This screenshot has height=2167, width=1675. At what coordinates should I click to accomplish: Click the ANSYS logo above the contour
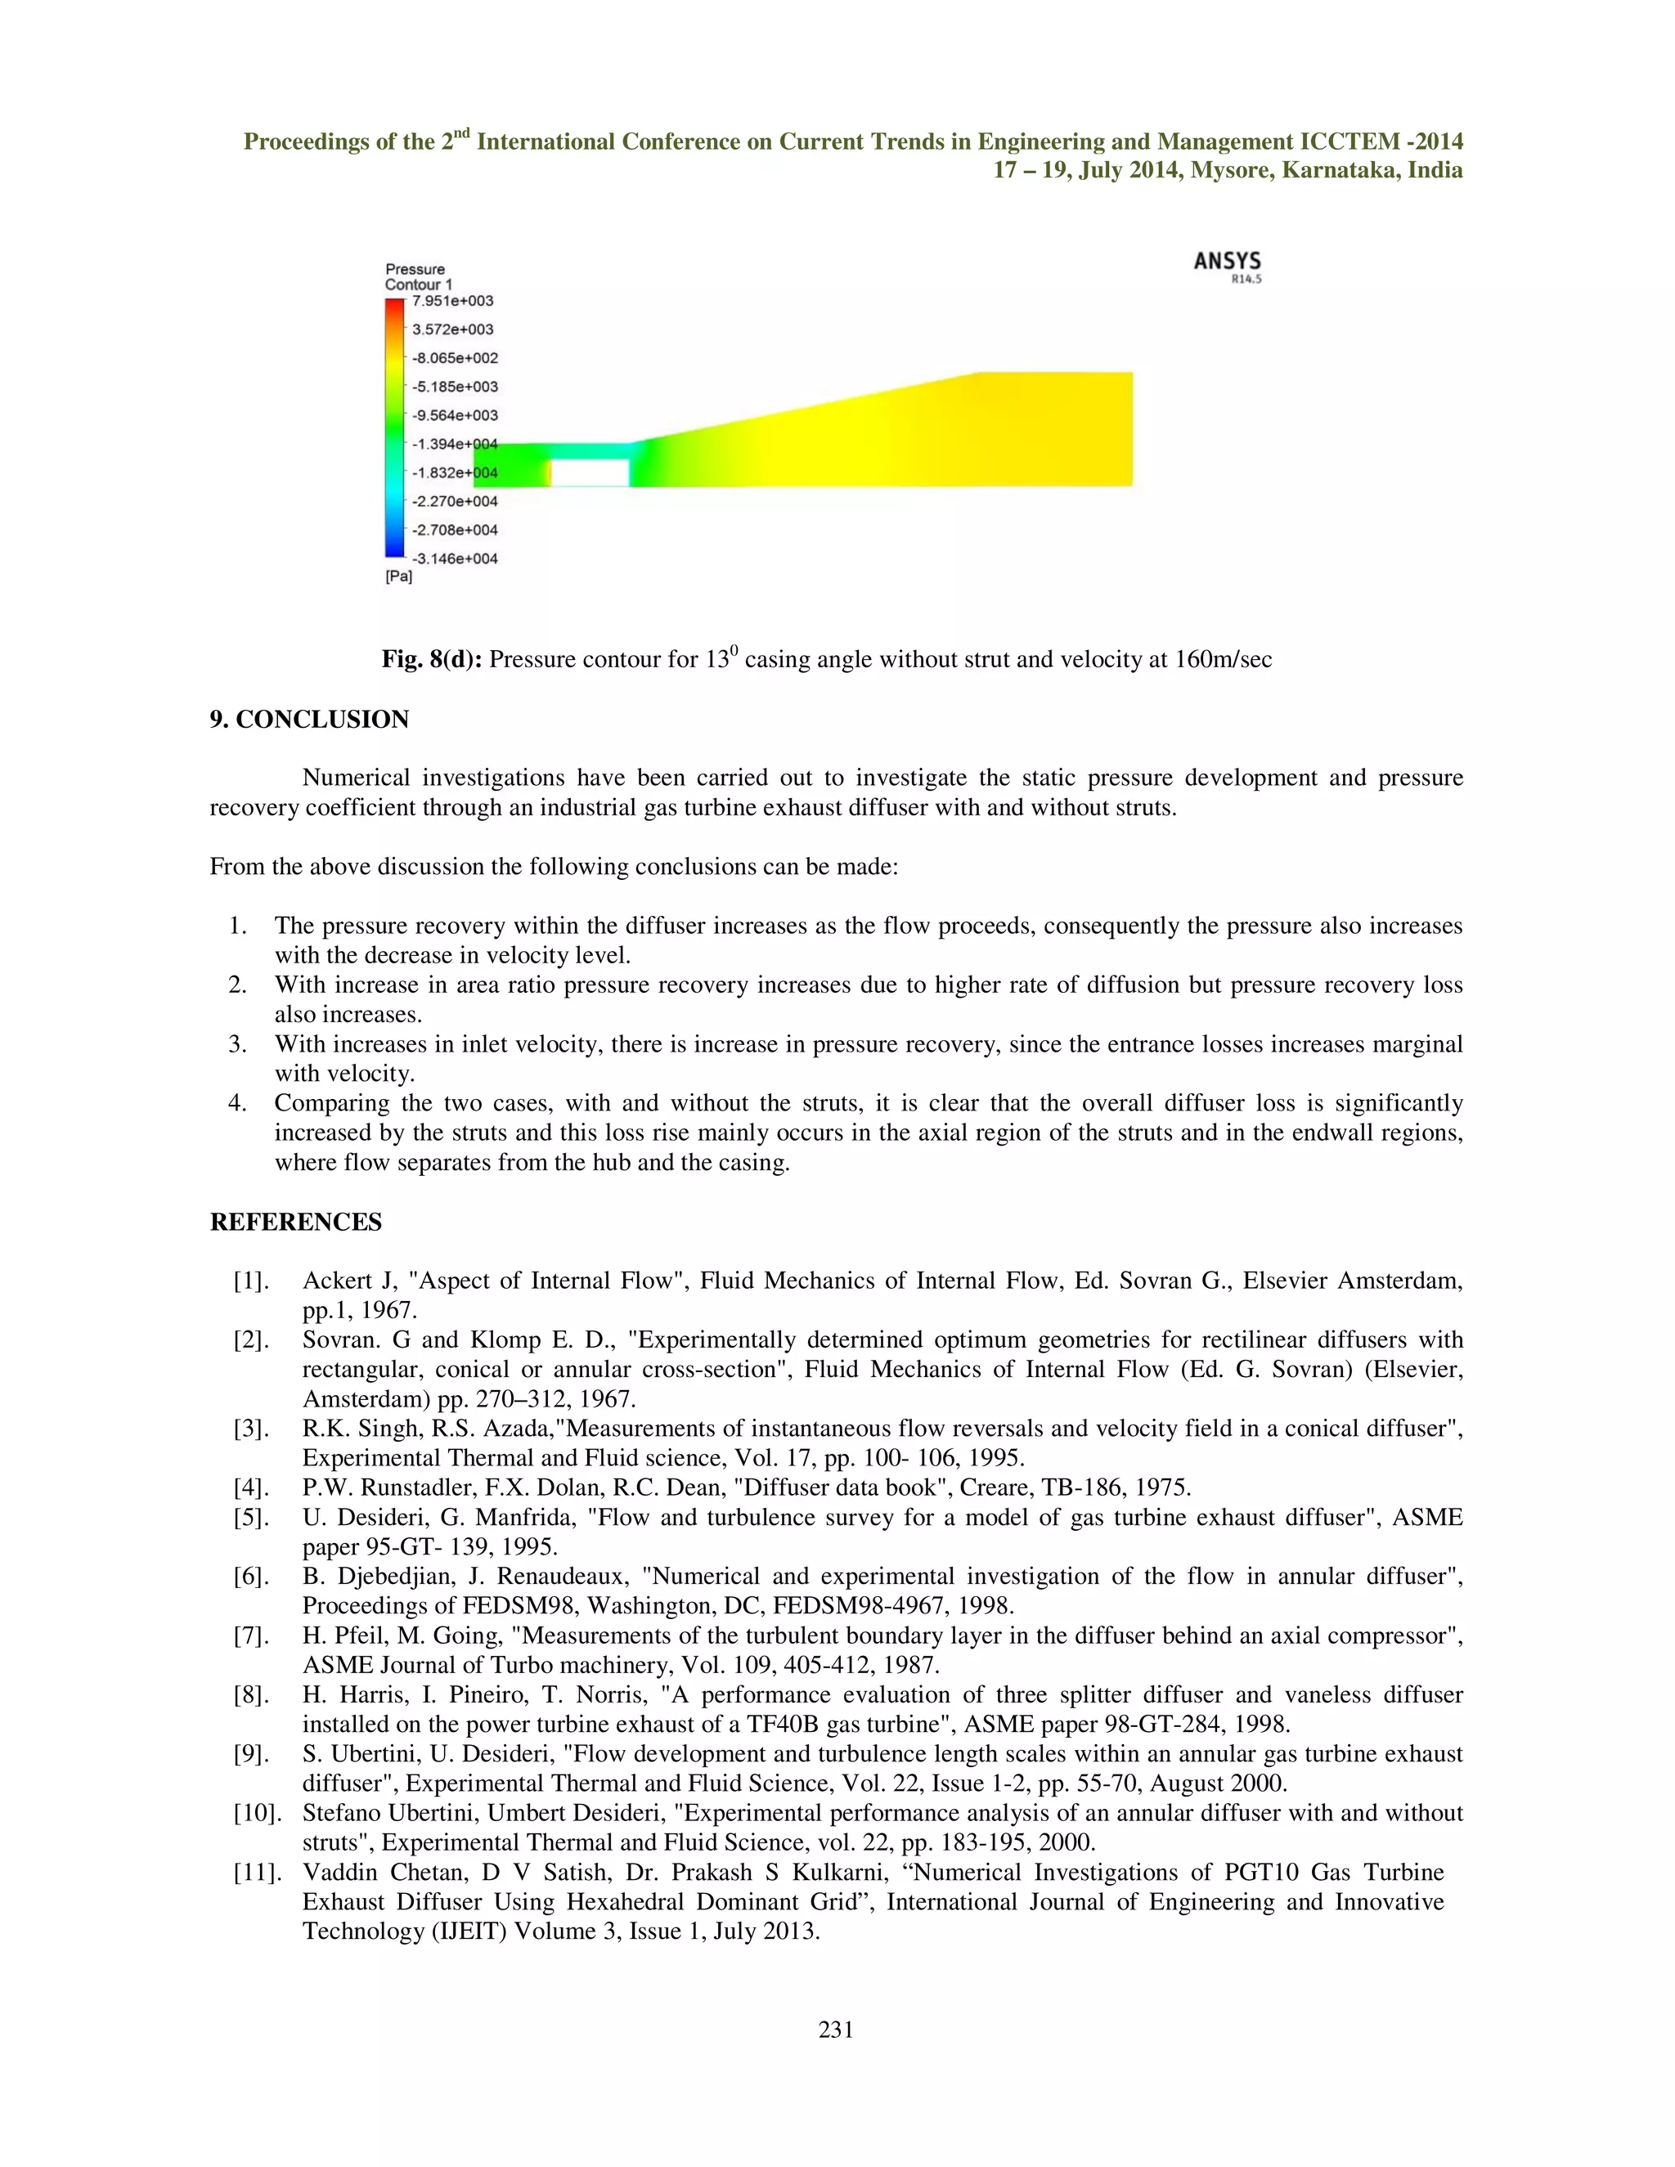point(1227,262)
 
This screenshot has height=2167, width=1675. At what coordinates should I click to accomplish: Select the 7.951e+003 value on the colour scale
point(452,301)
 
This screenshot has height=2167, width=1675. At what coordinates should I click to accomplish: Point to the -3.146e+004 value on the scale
point(455,559)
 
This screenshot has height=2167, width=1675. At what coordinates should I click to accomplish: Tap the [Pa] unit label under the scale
point(398,577)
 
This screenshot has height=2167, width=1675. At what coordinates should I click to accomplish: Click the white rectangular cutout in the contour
point(590,473)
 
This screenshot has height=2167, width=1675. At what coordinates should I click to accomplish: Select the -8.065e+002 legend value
point(455,358)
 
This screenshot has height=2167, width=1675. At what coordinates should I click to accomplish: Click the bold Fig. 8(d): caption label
point(432,660)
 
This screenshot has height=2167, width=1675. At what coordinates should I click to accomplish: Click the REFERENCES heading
point(296,1222)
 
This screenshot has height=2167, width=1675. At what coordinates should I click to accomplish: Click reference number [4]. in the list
point(251,1487)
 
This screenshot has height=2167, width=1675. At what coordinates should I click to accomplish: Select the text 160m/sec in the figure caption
point(1224,660)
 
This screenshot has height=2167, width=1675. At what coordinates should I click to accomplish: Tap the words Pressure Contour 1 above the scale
point(418,277)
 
